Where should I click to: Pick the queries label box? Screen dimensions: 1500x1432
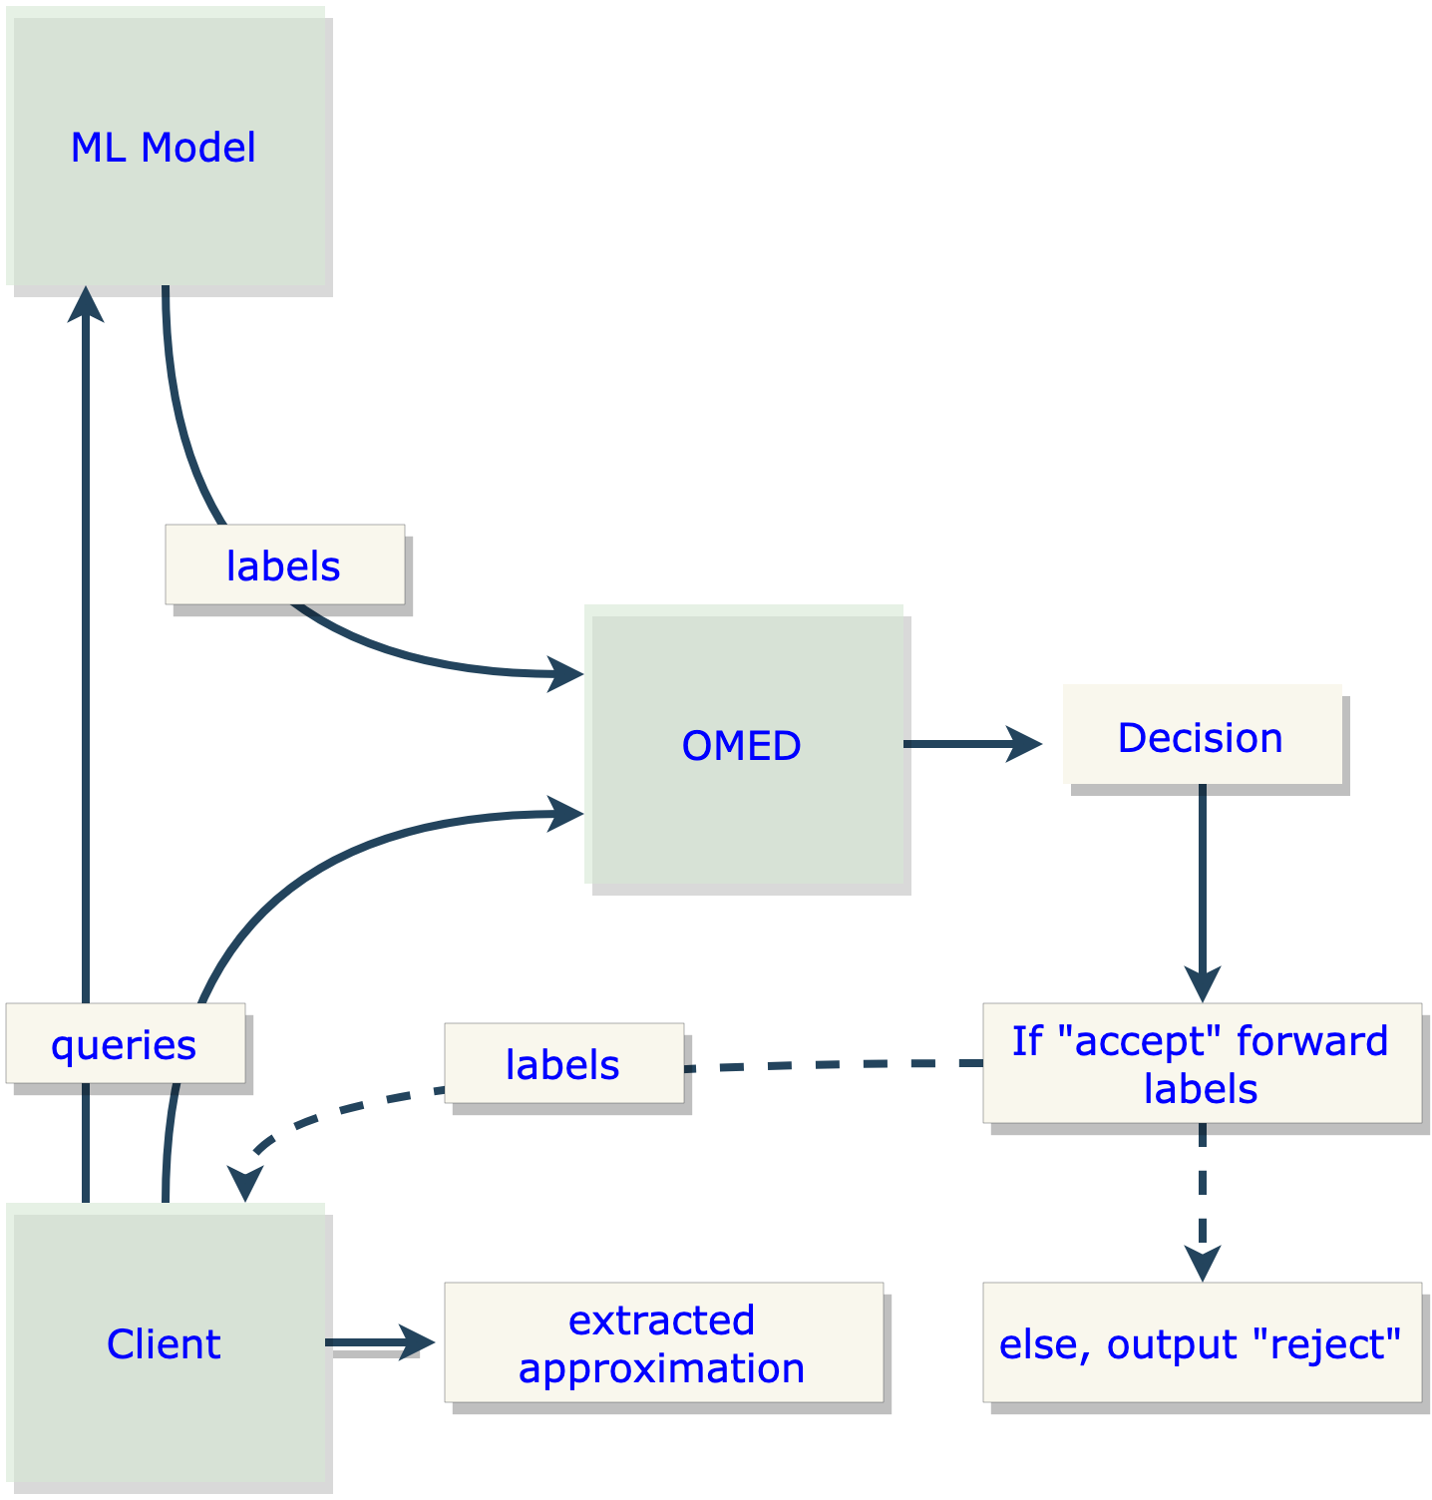click(125, 1043)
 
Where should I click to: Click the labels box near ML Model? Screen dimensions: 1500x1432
click(284, 564)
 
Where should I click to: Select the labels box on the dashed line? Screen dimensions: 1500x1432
click(563, 1063)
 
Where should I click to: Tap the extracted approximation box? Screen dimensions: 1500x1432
click(663, 1342)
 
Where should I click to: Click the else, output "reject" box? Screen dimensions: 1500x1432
click(1201, 1342)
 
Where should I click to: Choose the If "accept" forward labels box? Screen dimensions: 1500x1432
click(1201, 1063)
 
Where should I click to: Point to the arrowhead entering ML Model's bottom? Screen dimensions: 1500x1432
click(86, 303)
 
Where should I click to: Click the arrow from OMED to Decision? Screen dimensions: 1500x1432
click(972, 744)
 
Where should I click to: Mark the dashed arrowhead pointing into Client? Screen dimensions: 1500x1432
click(244, 1185)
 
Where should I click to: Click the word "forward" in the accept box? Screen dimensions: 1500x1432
click(1311, 1040)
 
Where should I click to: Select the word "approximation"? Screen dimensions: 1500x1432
click(661, 1367)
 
